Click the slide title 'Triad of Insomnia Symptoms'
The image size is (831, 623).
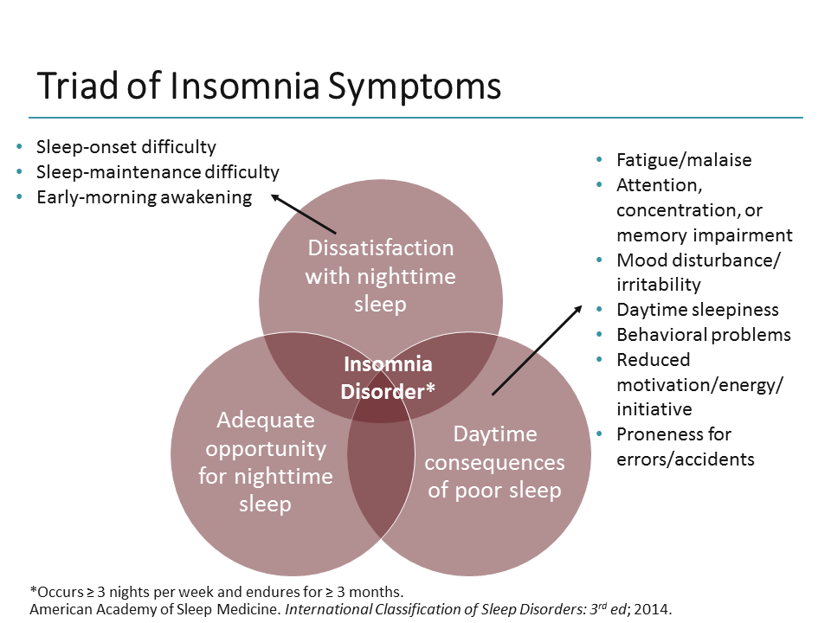click(x=268, y=87)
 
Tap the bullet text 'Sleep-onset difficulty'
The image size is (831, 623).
click(x=126, y=147)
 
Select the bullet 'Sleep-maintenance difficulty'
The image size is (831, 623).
click(x=158, y=172)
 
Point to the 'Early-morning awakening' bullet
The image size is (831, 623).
click(x=144, y=197)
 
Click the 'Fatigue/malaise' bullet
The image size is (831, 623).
click(x=684, y=160)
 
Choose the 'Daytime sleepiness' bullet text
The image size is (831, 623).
click(x=698, y=310)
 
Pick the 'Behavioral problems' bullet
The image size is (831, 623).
click(x=704, y=335)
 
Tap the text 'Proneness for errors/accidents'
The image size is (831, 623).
click(x=685, y=446)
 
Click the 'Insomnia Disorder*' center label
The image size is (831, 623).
click(x=387, y=378)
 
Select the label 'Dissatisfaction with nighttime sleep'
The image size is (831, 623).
click(x=381, y=276)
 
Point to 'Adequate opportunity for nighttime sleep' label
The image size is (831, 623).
click(x=265, y=462)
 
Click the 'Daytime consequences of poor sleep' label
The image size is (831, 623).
click(x=494, y=462)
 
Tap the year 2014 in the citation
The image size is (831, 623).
click(x=653, y=608)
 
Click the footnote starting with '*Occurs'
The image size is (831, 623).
click(x=216, y=592)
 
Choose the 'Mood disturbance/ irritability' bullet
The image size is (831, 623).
click(x=698, y=273)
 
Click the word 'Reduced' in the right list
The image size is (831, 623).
click(x=653, y=360)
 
